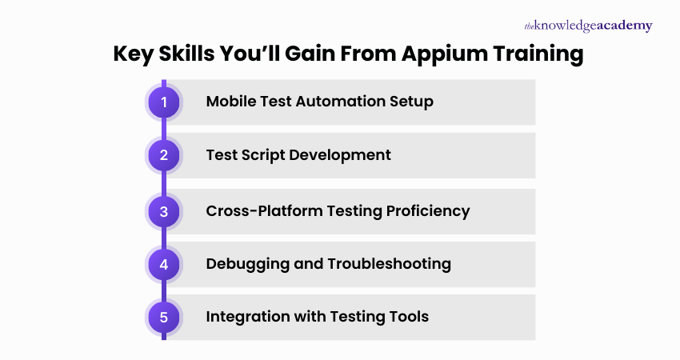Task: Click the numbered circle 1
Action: point(164,102)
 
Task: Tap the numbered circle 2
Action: point(164,155)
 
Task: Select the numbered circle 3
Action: point(164,211)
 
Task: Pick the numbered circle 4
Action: point(164,264)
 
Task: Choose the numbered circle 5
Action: point(164,317)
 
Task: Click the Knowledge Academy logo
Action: point(588,26)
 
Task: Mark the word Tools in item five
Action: point(409,317)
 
